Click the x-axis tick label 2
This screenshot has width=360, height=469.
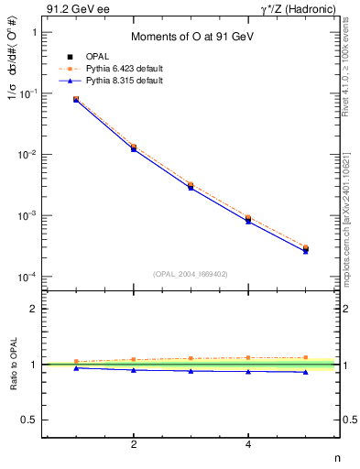134,444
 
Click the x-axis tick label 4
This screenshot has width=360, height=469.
248,444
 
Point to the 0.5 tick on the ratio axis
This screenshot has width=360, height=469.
27,420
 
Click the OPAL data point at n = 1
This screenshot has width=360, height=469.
76,99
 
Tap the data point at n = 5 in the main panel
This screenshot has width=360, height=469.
305,248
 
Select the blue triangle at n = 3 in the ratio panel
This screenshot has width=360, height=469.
191,371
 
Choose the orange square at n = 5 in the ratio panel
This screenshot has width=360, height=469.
305,357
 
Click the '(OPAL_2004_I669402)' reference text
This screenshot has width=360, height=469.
191,273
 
